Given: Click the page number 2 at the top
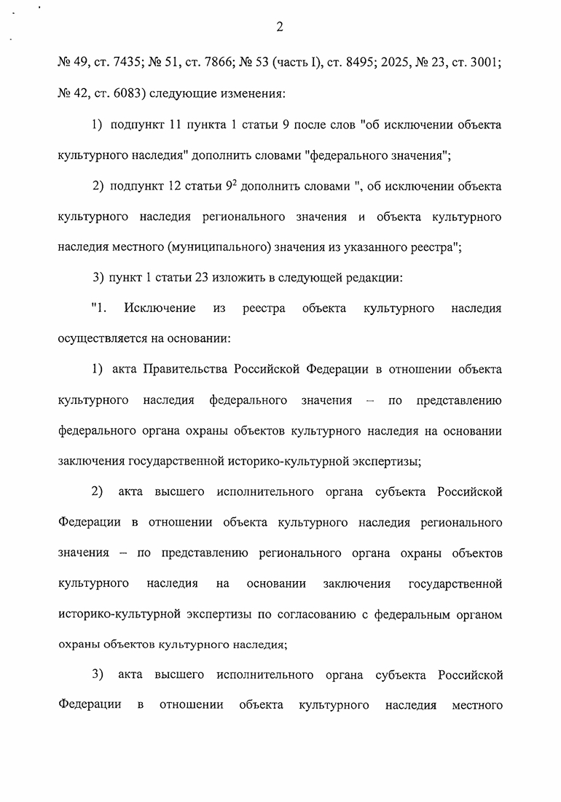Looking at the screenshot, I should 280,28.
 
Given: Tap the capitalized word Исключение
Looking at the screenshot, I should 160,308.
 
